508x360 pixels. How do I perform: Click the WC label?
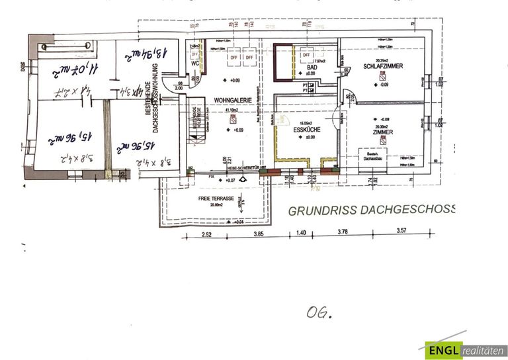(196, 64)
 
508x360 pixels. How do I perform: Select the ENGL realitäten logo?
(466, 349)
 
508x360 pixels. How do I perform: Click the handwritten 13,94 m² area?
(137, 57)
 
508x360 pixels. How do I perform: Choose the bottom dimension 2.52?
(206, 234)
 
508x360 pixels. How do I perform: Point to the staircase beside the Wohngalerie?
(193, 126)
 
